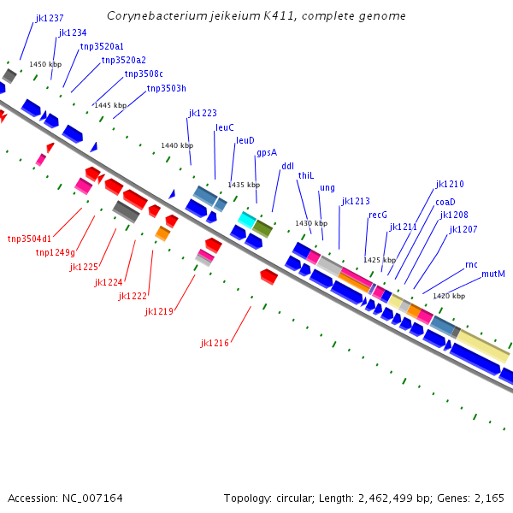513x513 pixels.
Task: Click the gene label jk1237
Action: (50, 18)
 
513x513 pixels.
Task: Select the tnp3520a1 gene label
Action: (102, 46)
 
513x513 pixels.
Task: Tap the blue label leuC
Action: (225, 127)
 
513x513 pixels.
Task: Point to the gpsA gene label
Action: (267, 153)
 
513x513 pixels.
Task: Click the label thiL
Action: (306, 175)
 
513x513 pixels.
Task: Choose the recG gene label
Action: (378, 215)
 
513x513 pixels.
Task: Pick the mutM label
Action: (493, 274)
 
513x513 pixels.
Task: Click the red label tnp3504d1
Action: (29, 239)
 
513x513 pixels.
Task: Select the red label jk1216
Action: (215, 343)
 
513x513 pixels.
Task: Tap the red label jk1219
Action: (159, 311)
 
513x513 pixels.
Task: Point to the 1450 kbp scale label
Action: (45, 64)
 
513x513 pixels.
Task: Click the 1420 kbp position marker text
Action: (449, 296)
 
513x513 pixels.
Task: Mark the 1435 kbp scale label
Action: (244, 185)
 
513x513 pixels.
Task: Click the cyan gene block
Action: (246, 220)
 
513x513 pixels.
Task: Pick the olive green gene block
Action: (262, 228)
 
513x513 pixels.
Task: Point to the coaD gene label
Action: (445, 202)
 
